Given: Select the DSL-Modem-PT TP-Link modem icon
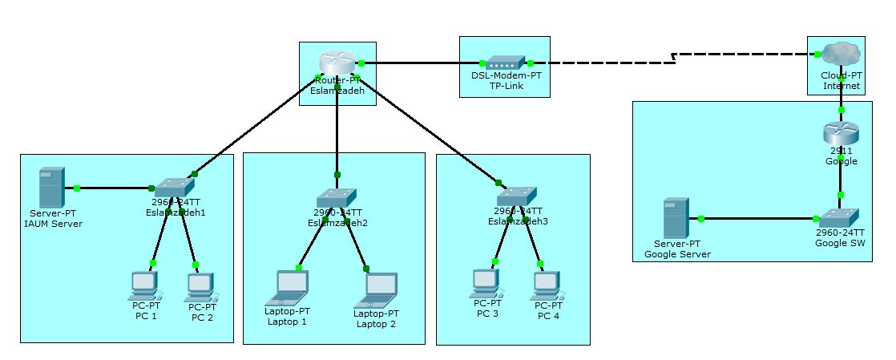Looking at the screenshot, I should (505, 63).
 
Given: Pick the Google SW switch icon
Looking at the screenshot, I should (840, 216).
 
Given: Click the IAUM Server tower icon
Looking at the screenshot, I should (52, 188).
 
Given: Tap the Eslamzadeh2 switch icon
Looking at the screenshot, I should (337, 197).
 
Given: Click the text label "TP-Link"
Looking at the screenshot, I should (505, 86).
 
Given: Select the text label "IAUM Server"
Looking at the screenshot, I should (53, 224).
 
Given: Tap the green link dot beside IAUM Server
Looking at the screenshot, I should (77, 188).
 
